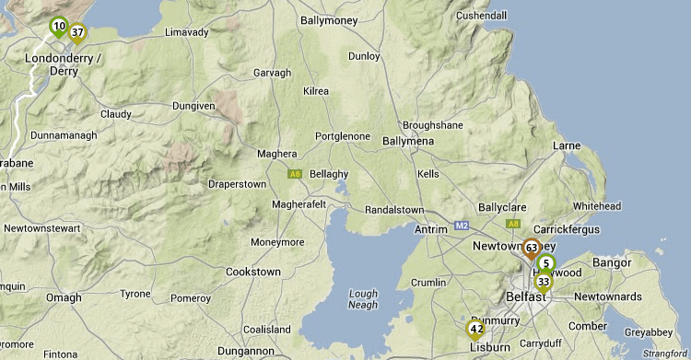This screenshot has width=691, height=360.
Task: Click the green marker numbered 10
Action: (59, 27)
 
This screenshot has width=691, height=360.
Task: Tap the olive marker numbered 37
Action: (78, 33)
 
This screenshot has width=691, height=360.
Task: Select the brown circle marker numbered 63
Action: (532, 248)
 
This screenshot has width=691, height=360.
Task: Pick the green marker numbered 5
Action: (547, 263)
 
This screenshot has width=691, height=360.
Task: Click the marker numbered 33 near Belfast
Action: (544, 282)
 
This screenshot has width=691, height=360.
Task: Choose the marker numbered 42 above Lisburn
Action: (476, 329)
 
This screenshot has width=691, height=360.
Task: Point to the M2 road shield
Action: (462, 225)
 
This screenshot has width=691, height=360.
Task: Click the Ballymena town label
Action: (407, 139)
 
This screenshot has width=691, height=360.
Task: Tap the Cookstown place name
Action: (253, 273)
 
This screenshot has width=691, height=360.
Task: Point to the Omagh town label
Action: (64, 297)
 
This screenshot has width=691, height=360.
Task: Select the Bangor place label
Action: (612, 263)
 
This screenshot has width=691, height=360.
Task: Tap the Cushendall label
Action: (481, 16)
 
